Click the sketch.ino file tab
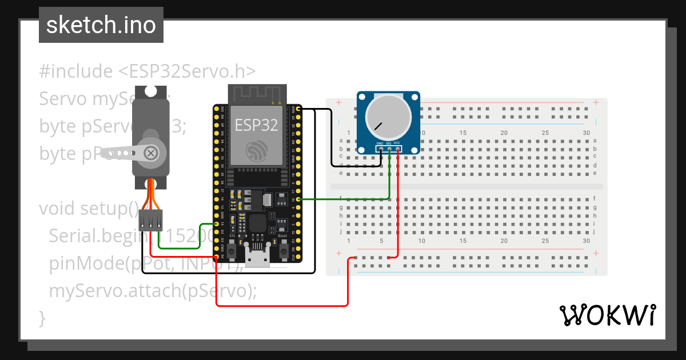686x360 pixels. pyautogui.click(x=101, y=25)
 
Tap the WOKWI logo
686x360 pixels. pyautogui.click(x=607, y=315)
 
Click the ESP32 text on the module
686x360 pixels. pyautogui.click(x=256, y=125)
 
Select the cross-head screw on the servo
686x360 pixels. pyautogui.click(x=151, y=153)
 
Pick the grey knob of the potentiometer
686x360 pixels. pyautogui.click(x=388, y=116)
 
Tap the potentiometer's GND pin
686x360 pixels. pyautogui.click(x=380, y=149)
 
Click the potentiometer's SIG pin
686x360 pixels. pyautogui.click(x=389, y=149)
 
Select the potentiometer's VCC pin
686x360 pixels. pyautogui.click(x=397, y=149)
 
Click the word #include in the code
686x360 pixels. pyautogui.click(x=76, y=71)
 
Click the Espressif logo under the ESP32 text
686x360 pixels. pyautogui.click(x=257, y=151)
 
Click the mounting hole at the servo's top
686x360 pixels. pyautogui.click(x=150, y=91)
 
